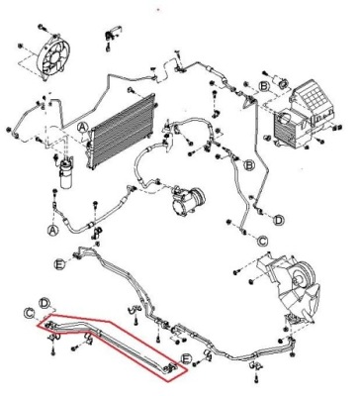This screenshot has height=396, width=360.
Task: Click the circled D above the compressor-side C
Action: [279, 219]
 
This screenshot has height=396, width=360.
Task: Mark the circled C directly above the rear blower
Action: [263, 240]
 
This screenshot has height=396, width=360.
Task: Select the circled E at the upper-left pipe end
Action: [60, 263]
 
